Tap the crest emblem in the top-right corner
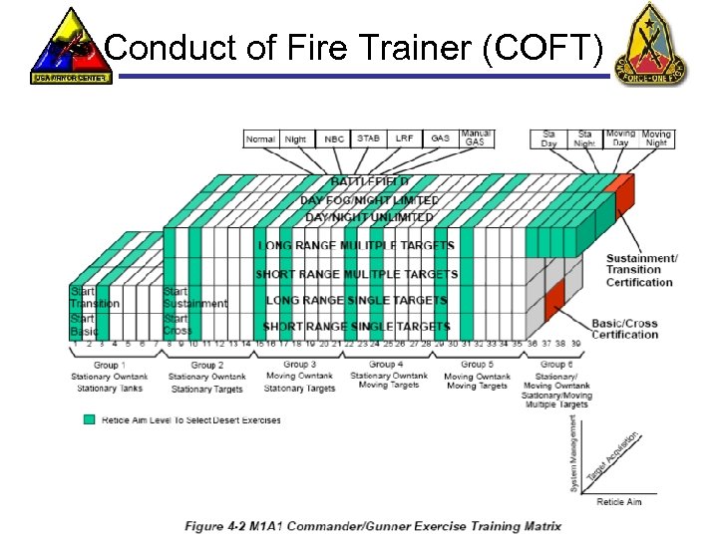[651, 45]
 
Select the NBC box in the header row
[334, 139]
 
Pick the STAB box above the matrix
[369, 139]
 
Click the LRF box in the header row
[405, 139]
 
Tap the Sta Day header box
[548, 138]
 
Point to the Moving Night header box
[656, 138]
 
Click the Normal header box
[261, 139]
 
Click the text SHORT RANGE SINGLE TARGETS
[356, 326]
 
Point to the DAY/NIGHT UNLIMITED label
[369, 217]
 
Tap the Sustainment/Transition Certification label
[641, 270]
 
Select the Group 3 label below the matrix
[298, 365]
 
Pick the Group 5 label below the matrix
[474, 365]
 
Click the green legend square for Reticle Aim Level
[90, 419]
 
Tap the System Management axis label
[573, 453]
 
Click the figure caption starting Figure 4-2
[372, 526]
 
